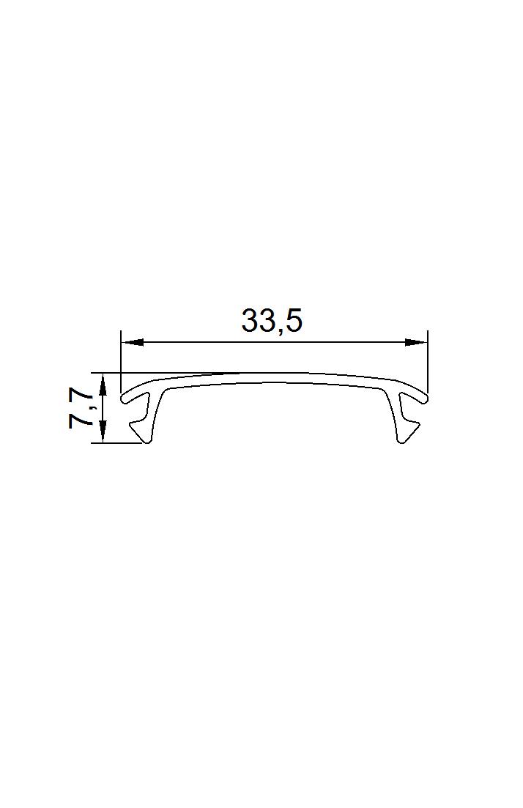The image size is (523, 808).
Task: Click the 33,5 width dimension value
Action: tap(272, 322)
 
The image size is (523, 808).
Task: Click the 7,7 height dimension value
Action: tap(79, 409)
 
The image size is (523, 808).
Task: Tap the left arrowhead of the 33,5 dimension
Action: tap(132, 342)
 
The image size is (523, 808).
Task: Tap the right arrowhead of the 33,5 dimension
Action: tap(416, 342)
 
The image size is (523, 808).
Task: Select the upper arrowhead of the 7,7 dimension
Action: tap(103, 385)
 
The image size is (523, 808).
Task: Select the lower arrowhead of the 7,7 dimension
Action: tap(103, 431)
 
